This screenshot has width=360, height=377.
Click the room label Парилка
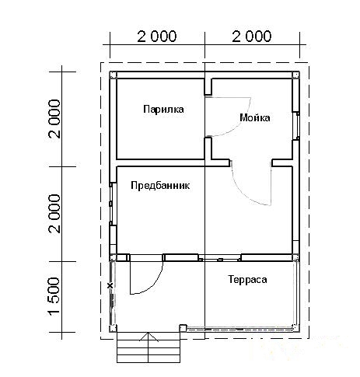click(163, 110)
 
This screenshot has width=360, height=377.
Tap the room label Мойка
click(255, 118)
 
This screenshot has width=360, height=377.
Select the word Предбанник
click(160, 187)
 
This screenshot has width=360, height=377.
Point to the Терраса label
click(247, 278)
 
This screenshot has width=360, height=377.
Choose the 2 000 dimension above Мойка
click(252, 36)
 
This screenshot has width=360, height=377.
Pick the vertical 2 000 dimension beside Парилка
click(54, 118)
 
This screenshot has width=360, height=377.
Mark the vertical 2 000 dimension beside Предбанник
click(54, 212)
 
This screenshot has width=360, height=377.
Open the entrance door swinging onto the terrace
click(146, 277)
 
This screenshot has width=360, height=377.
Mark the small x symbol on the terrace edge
click(110, 286)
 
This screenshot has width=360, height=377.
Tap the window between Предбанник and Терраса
click(221, 257)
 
